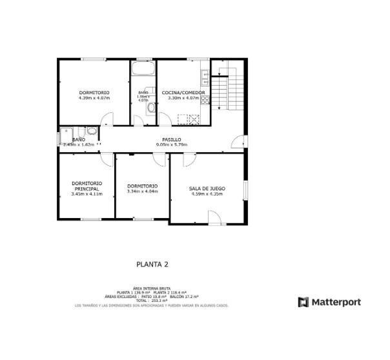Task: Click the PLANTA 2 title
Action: (x=152, y=263)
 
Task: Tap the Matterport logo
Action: (x=329, y=302)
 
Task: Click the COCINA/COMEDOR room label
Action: (x=183, y=93)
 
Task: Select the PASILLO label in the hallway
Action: (x=171, y=139)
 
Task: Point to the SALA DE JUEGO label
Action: (x=207, y=188)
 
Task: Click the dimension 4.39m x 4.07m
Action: (x=94, y=98)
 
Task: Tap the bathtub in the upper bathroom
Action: (x=143, y=69)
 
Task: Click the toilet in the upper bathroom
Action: (x=151, y=108)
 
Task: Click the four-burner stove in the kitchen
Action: (x=190, y=118)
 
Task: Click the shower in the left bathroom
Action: (x=66, y=137)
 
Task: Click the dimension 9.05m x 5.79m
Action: (x=171, y=145)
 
